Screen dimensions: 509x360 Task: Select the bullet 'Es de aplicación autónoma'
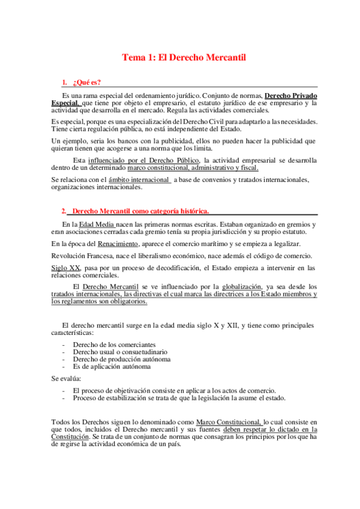click(111, 366)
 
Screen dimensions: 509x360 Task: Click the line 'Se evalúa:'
click(67, 379)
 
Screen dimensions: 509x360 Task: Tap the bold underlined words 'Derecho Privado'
click(291, 95)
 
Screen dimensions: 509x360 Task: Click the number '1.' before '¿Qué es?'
click(65, 82)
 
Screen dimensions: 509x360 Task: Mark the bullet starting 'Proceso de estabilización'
click(179, 397)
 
